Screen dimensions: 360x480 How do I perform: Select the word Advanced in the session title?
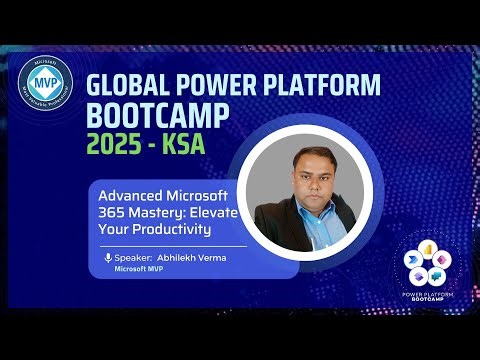129,193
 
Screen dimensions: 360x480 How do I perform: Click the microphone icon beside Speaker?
108,257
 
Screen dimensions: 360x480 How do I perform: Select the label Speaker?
134,257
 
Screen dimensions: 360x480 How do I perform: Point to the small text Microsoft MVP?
140,269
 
